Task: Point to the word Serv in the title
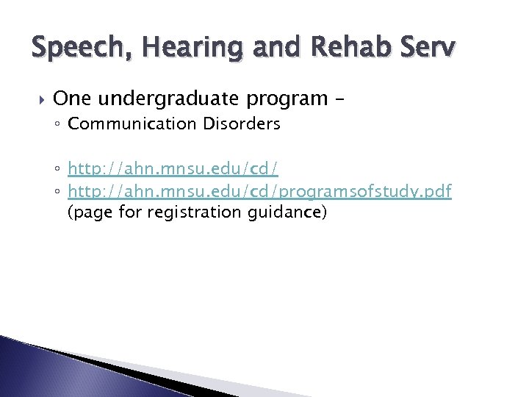coord(430,50)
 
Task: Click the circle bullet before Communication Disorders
coord(59,124)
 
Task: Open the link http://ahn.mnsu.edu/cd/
coord(173,170)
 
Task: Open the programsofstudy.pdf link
coord(259,192)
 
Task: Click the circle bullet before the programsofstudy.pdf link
coord(59,193)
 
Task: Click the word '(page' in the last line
coord(86,213)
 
